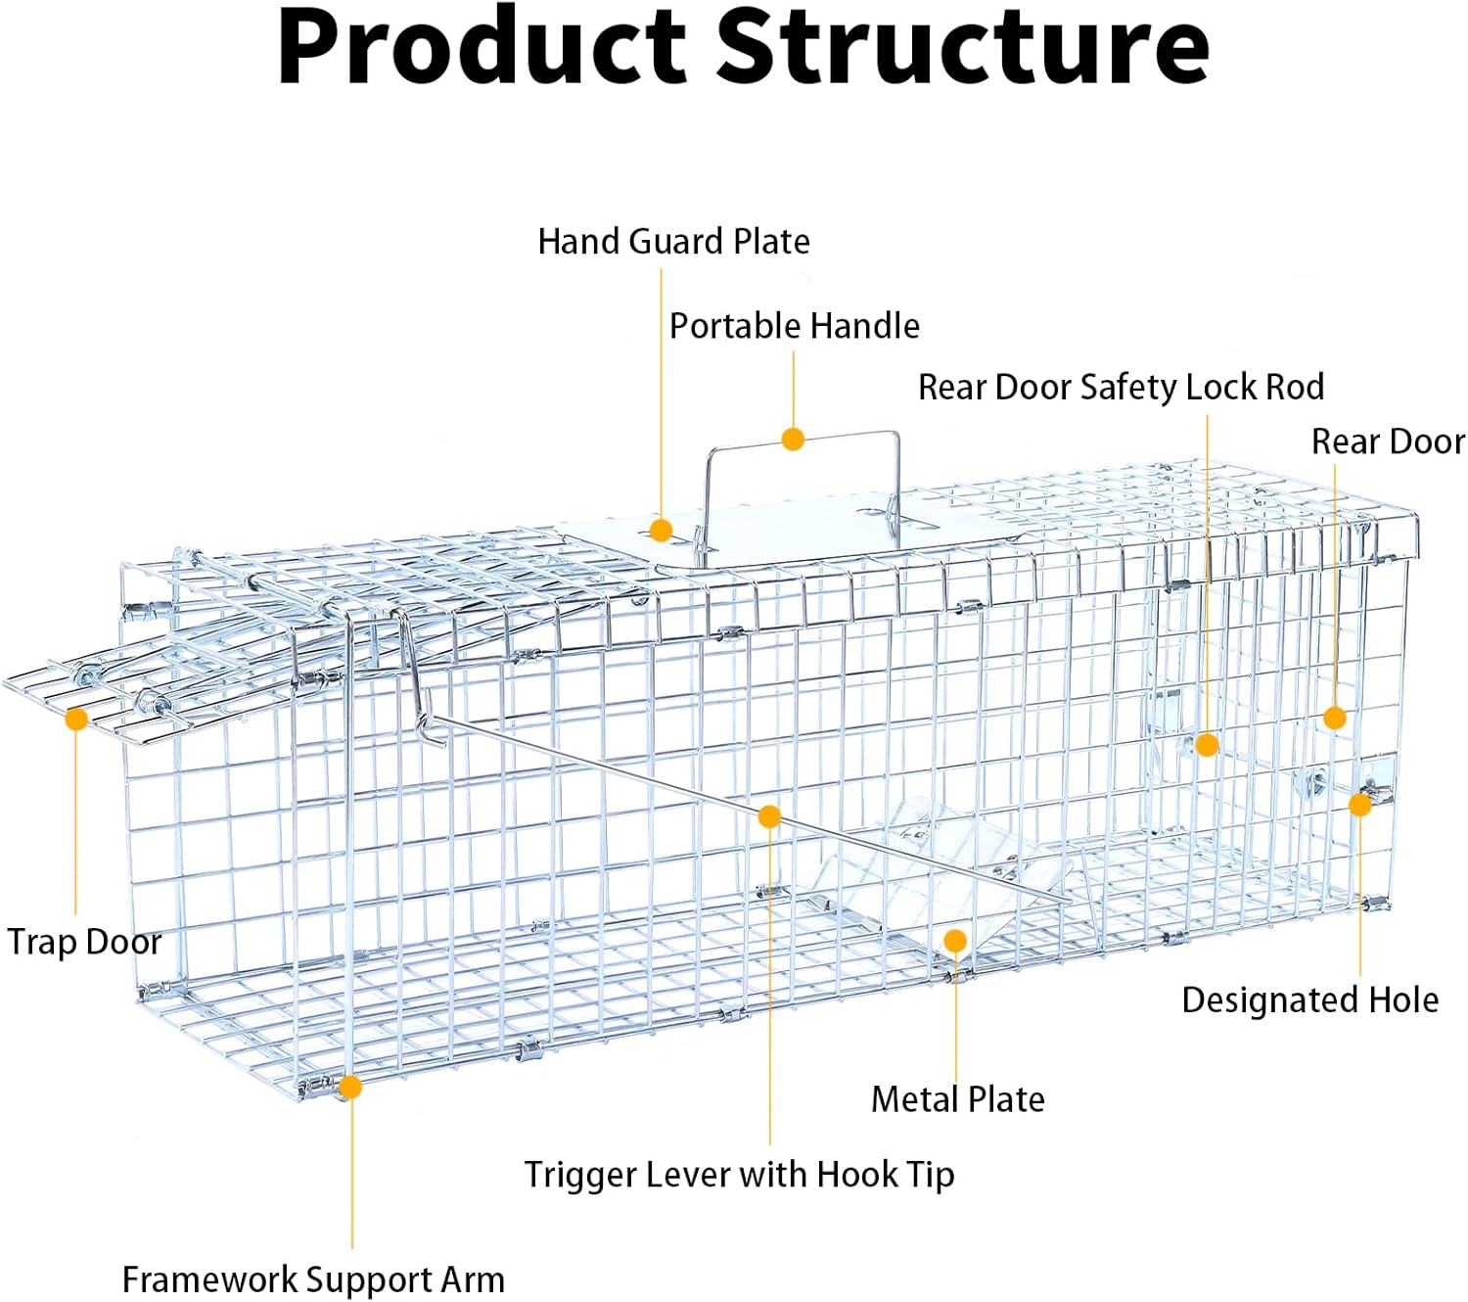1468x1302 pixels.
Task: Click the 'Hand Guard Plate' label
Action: pos(673,242)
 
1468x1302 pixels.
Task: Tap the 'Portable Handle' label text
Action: pos(794,325)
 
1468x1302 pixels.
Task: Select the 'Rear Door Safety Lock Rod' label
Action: pos(1121,387)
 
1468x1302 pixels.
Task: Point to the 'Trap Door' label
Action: pos(84,943)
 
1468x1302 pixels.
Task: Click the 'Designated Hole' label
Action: pos(1310,1000)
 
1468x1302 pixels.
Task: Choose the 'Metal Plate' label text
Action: pos(957,1099)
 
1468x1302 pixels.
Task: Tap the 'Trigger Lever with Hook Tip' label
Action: pos(739,1175)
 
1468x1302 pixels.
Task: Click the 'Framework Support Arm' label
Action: pos(313,1279)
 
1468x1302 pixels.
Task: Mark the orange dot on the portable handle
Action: pos(793,440)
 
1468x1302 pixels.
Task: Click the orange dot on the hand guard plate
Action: pos(660,531)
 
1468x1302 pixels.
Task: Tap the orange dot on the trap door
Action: pos(76,720)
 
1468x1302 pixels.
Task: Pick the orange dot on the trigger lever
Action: pos(769,816)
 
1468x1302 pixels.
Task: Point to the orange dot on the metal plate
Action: pos(956,941)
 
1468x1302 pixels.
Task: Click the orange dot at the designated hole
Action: pos(1360,805)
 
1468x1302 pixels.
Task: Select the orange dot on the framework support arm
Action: pos(350,1087)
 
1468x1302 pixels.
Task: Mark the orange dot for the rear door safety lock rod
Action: pos(1207,745)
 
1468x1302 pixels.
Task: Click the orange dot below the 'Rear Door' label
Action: pos(1335,718)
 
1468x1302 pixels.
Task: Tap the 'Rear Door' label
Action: pos(1389,442)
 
